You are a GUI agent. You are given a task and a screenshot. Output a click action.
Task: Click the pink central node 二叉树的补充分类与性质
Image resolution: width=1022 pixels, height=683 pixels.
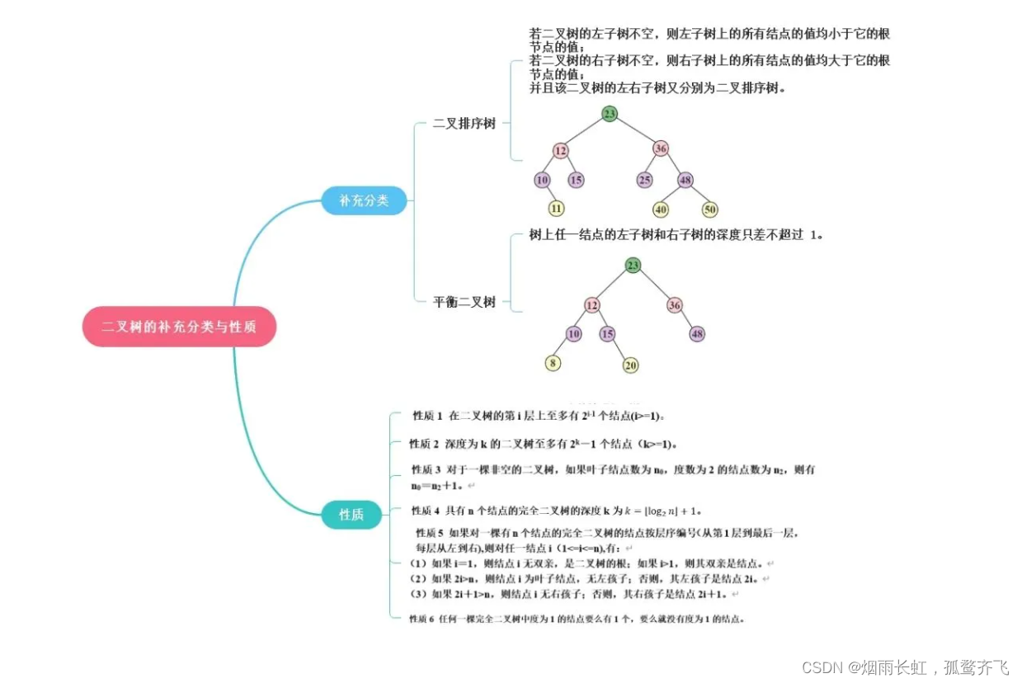point(178,327)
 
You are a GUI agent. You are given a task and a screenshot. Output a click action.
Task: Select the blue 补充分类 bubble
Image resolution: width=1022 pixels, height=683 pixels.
point(364,200)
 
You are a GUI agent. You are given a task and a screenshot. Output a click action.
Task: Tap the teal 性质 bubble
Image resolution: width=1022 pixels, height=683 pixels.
point(351,515)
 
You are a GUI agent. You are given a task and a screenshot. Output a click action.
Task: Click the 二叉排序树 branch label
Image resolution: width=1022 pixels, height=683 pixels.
point(464,124)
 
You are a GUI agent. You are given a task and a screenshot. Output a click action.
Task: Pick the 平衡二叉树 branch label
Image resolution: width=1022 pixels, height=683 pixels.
point(464,302)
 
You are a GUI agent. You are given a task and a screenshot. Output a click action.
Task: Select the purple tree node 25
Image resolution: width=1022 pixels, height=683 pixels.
point(644,180)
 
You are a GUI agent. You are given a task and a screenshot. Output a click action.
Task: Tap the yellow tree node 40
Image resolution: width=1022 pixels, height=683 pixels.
point(661,210)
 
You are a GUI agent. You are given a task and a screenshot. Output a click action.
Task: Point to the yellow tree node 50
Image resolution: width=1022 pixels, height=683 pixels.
point(710,210)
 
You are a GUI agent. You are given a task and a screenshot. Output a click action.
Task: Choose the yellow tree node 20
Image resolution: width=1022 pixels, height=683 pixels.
point(631,365)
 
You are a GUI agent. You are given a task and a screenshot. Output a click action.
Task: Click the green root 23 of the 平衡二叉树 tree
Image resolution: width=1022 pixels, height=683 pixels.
point(633,266)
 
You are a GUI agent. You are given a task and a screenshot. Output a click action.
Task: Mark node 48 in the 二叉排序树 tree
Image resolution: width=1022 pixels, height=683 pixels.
point(685,180)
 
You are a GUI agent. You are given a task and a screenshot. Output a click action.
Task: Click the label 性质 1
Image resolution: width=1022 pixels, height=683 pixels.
point(428,416)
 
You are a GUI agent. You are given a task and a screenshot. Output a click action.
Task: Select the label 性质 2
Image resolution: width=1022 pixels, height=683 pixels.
point(425,443)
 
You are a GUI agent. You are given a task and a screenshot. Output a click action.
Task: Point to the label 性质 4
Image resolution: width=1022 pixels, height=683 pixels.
point(426,510)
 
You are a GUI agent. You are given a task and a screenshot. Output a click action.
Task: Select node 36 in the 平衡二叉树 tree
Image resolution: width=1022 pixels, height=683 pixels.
point(675,305)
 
